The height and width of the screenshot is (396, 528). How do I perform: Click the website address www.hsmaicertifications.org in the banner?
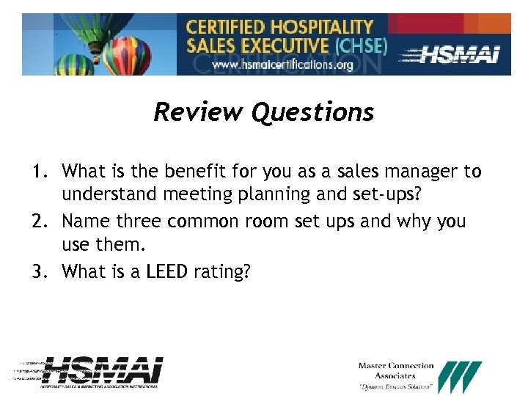(282, 65)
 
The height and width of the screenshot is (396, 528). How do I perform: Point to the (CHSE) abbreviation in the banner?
(360, 45)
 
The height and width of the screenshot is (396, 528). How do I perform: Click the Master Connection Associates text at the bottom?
(396, 370)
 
